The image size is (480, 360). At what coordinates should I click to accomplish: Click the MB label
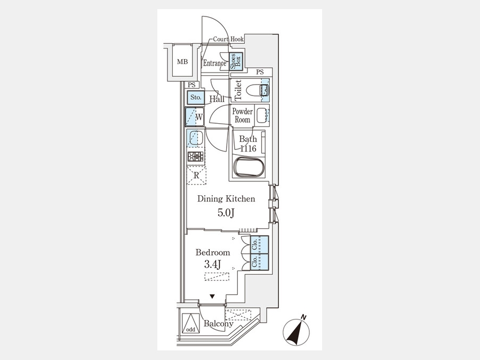182,62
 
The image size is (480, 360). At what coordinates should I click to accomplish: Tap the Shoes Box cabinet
236,62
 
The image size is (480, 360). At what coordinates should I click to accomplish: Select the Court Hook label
228,39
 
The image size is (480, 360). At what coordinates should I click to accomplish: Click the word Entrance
214,63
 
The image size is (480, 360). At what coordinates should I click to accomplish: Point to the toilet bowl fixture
254,90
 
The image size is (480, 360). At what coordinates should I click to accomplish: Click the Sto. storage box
196,98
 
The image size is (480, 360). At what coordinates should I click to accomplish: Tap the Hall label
217,99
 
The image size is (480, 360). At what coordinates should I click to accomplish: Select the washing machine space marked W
195,117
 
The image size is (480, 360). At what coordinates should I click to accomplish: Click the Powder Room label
243,115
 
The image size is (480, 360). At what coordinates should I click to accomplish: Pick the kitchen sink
196,138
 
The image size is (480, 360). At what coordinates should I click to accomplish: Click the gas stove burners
195,157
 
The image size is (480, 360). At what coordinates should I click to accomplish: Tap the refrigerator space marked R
196,175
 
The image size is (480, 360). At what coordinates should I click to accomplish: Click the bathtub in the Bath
248,167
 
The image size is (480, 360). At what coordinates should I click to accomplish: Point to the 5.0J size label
226,213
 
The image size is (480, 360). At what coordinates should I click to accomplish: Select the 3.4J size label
212,264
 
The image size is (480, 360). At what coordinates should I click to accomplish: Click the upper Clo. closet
260,245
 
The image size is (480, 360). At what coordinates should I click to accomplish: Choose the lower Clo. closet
260,262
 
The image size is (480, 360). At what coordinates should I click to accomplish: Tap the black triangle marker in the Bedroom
212,297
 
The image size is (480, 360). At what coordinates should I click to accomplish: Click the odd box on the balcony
190,323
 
